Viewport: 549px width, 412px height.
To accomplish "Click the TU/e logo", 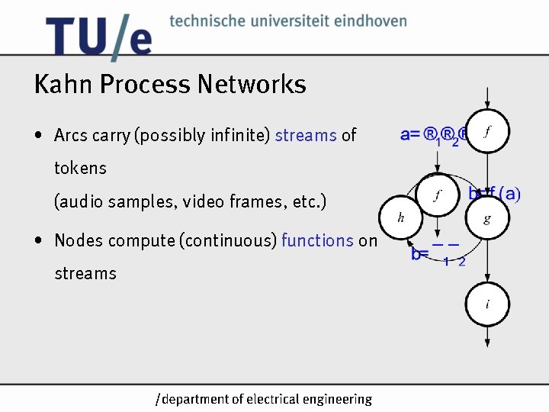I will click(x=98, y=36).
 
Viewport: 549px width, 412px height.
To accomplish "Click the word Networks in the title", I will click(x=252, y=84).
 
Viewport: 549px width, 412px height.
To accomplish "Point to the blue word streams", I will click(x=306, y=136).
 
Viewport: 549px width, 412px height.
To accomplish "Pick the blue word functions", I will click(x=317, y=240).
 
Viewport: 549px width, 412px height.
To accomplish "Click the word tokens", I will click(x=80, y=168).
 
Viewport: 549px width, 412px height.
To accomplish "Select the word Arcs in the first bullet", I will click(x=71, y=136).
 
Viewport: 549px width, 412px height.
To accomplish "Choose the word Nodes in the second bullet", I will click(x=77, y=240).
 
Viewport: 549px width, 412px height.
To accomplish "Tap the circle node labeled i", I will click(x=486, y=305).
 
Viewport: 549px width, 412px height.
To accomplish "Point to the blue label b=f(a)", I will click(x=494, y=194).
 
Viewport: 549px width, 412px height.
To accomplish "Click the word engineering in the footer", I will click(x=336, y=399).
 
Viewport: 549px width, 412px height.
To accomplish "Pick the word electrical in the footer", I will click(x=272, y=399).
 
